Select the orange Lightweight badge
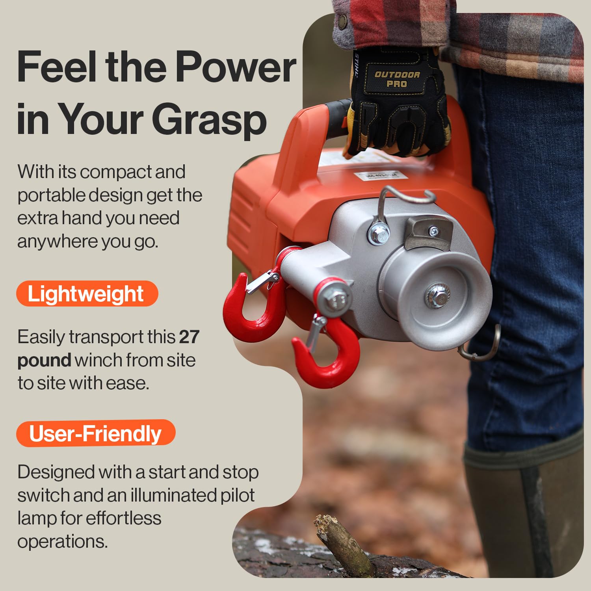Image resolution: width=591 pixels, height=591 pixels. click(87, 294)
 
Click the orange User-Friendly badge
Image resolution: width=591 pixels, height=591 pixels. click(95, 433)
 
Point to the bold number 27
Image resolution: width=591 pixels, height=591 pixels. click(189, 337)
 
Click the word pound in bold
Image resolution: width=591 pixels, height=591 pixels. click(44, 360)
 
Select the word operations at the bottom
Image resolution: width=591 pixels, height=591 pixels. click(62, 541)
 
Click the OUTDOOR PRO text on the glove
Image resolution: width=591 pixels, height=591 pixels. click(397, 79)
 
